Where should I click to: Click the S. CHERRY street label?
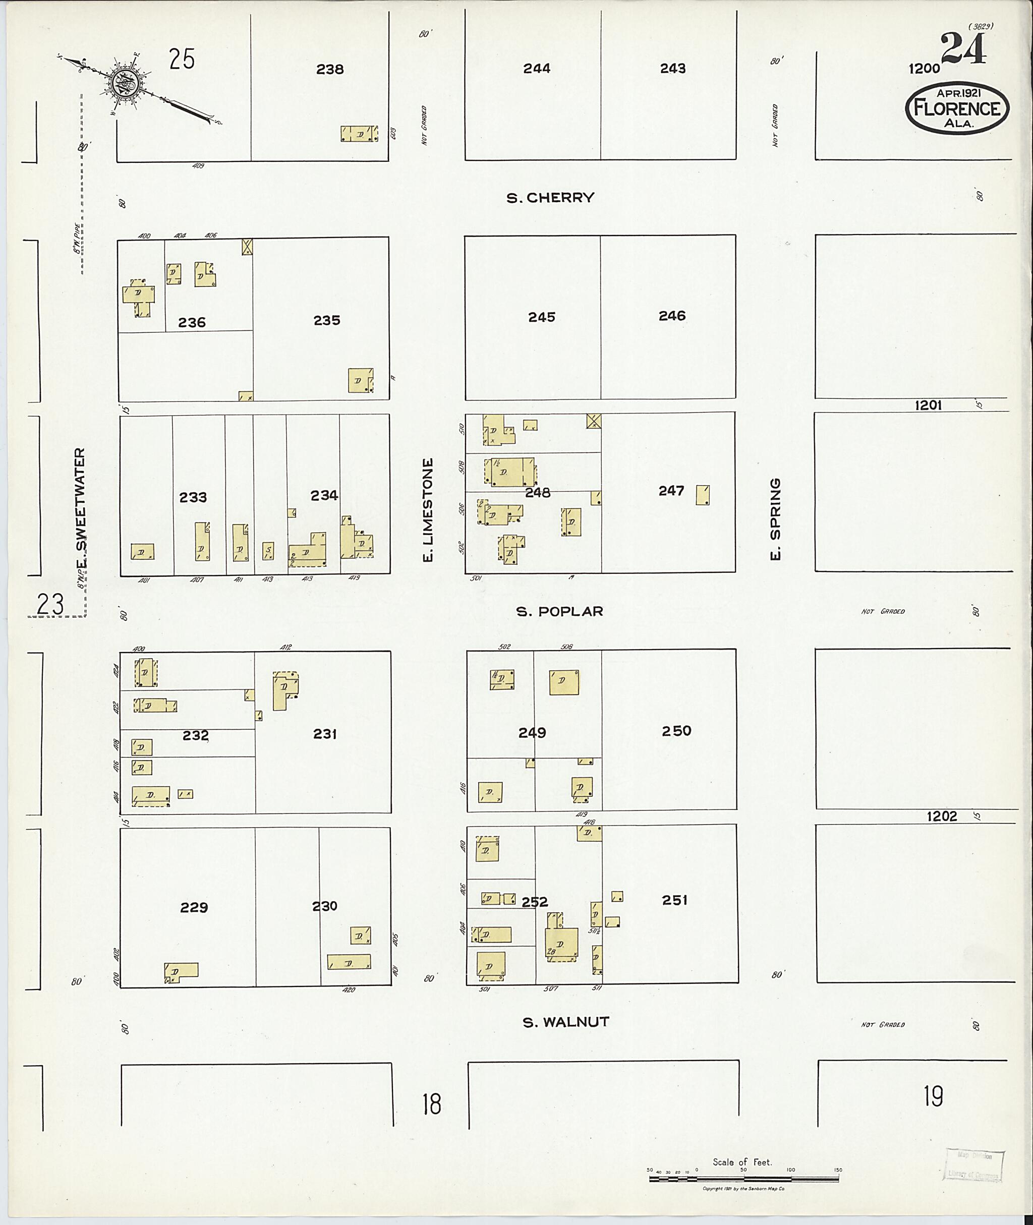click(x=550, y=198)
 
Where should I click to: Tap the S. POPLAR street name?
click(x=559, y=611)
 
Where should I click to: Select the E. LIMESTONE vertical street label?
click(x=428, y=510)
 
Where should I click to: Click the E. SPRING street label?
click(x=775, y=519)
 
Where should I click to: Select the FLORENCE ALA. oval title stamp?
click(x=957, y=109)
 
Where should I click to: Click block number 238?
click(x=330, y=70)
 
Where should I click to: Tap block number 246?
click(x=672, y=316)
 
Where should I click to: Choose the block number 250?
click(x=676, y=731)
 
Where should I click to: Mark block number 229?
click(x=194, y=908)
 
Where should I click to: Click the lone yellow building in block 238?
click(x=359, y=134)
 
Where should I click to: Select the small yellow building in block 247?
click(x=703, y=495)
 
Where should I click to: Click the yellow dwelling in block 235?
click(x=360, y=380)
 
